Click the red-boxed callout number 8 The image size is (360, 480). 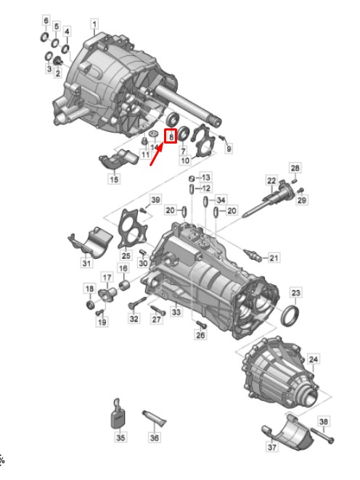[171, 136]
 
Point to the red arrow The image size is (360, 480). [156, 154]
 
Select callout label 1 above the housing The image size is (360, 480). [94, 24]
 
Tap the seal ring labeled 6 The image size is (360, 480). [45, 37]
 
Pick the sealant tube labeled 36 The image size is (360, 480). [154, 418]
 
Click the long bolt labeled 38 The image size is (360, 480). [322, 435]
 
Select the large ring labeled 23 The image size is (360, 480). [290, 316]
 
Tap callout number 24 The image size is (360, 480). [314, 359]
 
